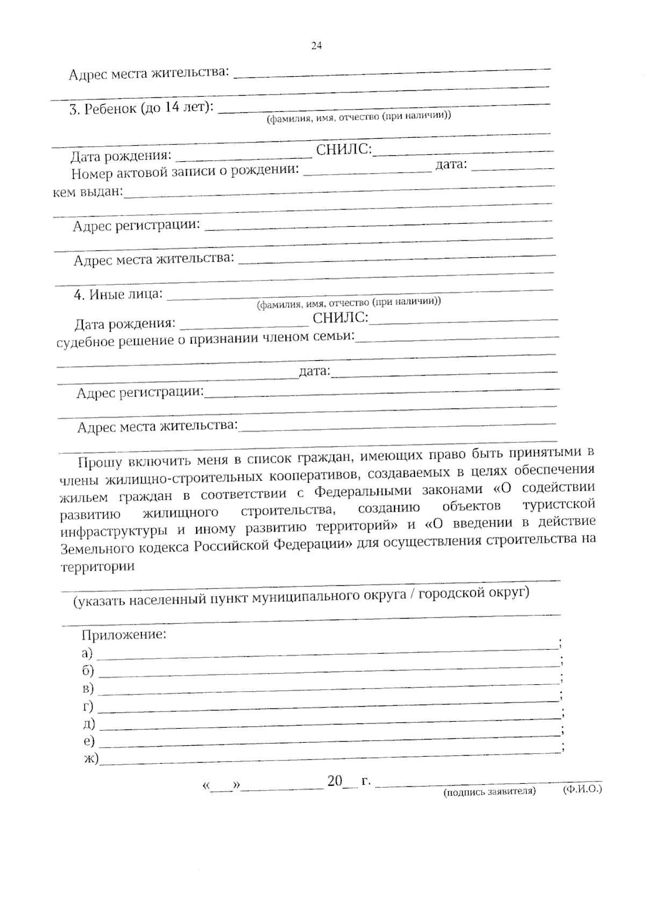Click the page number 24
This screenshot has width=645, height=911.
(x=316, y=46)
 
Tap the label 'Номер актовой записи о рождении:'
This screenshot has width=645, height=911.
(x=185, y=172)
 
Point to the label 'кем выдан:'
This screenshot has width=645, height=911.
(x=88, y=192)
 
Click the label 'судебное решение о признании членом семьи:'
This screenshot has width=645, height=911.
(x=205, y=339)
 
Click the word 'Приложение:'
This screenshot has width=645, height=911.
(x=124, y=635)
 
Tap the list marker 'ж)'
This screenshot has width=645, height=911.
(x=91, y=758)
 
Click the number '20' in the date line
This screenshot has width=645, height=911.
(x=334, y=781)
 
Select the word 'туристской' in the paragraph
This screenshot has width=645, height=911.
(x=558, y=505)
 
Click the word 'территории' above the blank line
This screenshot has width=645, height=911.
(x=97, y=566)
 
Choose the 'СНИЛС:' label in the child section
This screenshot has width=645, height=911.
(x=344, y=149)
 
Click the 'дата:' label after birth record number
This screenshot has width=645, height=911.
(x=451, y=164)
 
